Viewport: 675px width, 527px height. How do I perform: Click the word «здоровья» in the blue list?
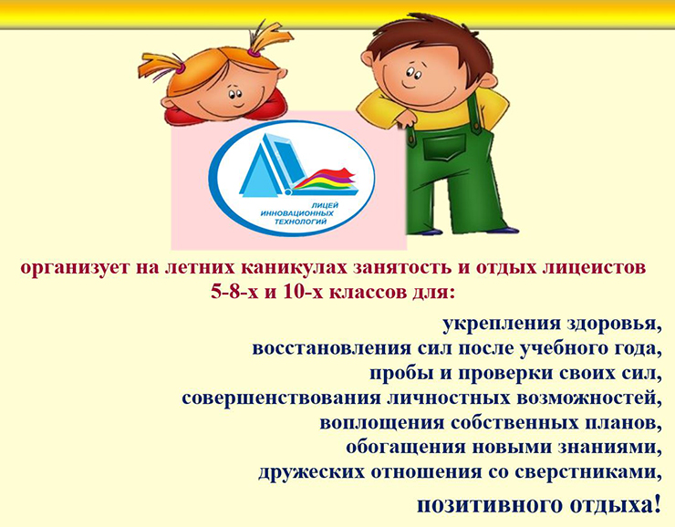pyautogui.click(x=614, y=324)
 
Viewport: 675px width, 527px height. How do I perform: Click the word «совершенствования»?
pyautogui.click(x=281, y=398)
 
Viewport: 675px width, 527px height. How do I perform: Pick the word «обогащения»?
pyautogui.click(x=406, y=448)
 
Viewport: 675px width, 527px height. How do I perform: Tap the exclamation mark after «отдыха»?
pyautogui.click(x=657, y=504)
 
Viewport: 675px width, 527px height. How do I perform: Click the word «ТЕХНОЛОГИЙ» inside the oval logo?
pyautogui.click(x=300, y=222)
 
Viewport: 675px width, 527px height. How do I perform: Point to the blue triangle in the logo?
pyautogui.click(x=259, y=172)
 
